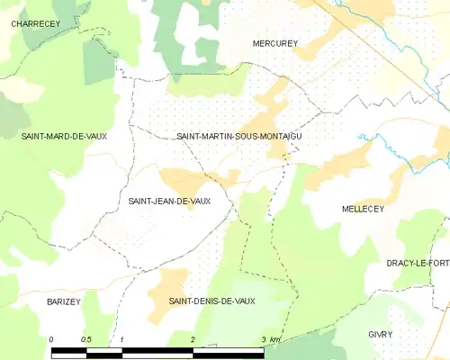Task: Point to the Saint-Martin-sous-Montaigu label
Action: pos(238,135)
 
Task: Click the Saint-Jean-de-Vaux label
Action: pos(169,201)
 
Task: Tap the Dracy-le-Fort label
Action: pos(418,263)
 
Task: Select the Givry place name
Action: pos(381,334)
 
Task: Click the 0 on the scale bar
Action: pos(51,338)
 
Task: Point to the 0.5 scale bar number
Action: pos(86,338)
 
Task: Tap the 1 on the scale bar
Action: pos(121,338)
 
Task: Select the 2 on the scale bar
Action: pos(193,338)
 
